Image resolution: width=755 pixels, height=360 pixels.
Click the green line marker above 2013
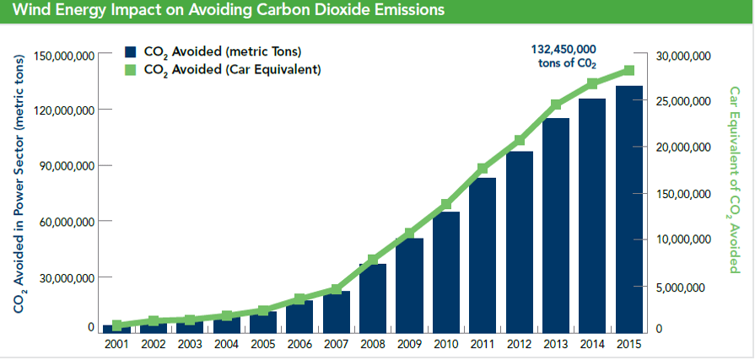click(556, 105)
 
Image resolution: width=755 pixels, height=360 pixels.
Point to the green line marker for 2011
click(483, 169)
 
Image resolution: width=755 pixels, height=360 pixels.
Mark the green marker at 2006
click(299, 298)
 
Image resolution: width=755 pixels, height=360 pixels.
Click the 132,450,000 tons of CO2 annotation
click(564, 56)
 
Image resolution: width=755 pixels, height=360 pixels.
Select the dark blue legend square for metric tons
click(130, 53)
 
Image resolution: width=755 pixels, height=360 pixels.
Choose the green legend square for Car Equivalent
click(130, 69)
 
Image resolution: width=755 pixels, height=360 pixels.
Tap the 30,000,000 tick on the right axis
click(683, 56)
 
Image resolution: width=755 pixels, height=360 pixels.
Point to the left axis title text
click(18, 190)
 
